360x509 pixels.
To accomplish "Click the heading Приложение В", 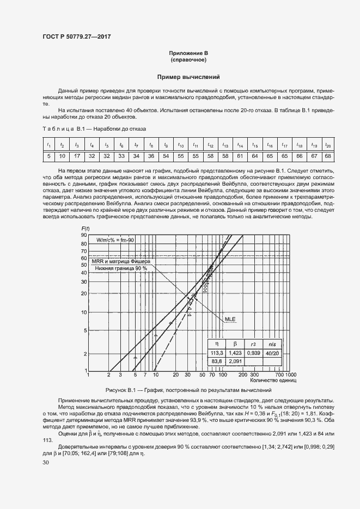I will tap(188, 53).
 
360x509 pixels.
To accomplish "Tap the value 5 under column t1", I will tap(48, 156).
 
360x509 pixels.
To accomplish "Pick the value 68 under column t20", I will tap(327, 156).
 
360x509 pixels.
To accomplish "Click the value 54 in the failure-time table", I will tap(166, 156).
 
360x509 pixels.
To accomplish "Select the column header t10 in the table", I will tap(180, 145).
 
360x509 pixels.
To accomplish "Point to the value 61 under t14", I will tap(239, 156).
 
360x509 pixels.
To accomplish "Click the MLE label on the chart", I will tap(230, 320).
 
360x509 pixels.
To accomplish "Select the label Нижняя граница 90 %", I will tap(121, 268).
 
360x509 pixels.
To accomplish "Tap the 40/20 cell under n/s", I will tap(271, 353).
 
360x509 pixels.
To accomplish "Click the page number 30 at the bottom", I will tap(46, 462).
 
